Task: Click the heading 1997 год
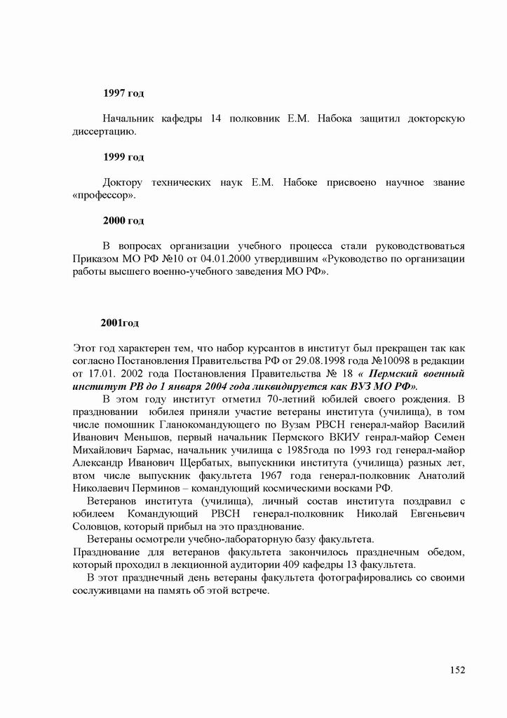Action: (123, 93)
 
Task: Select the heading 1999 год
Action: (123, 157)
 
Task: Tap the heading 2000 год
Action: (123, 221)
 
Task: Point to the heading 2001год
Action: (120, 323)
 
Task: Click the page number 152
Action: (457, 670)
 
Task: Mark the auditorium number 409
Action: (296, 565)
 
